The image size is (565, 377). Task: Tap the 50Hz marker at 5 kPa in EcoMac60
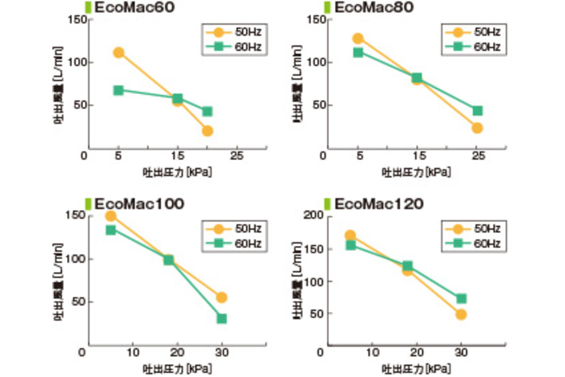tap(118, 52)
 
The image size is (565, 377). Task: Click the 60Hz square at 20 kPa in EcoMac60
tap(207, 111)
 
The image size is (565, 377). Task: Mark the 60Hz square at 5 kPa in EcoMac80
tap(358, 52)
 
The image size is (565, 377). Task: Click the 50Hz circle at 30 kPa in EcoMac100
tap(221, 297)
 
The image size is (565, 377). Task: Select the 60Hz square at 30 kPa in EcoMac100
tap(221, 319)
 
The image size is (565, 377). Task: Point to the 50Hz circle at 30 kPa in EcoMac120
tap(461, 315)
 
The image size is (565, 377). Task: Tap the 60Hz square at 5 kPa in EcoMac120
tap(351, 244)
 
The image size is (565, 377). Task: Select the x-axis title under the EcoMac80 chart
tap(416, 173)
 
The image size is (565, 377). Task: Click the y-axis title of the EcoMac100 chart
tap(59, 280)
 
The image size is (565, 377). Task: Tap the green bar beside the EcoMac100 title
tap(88, 204)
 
